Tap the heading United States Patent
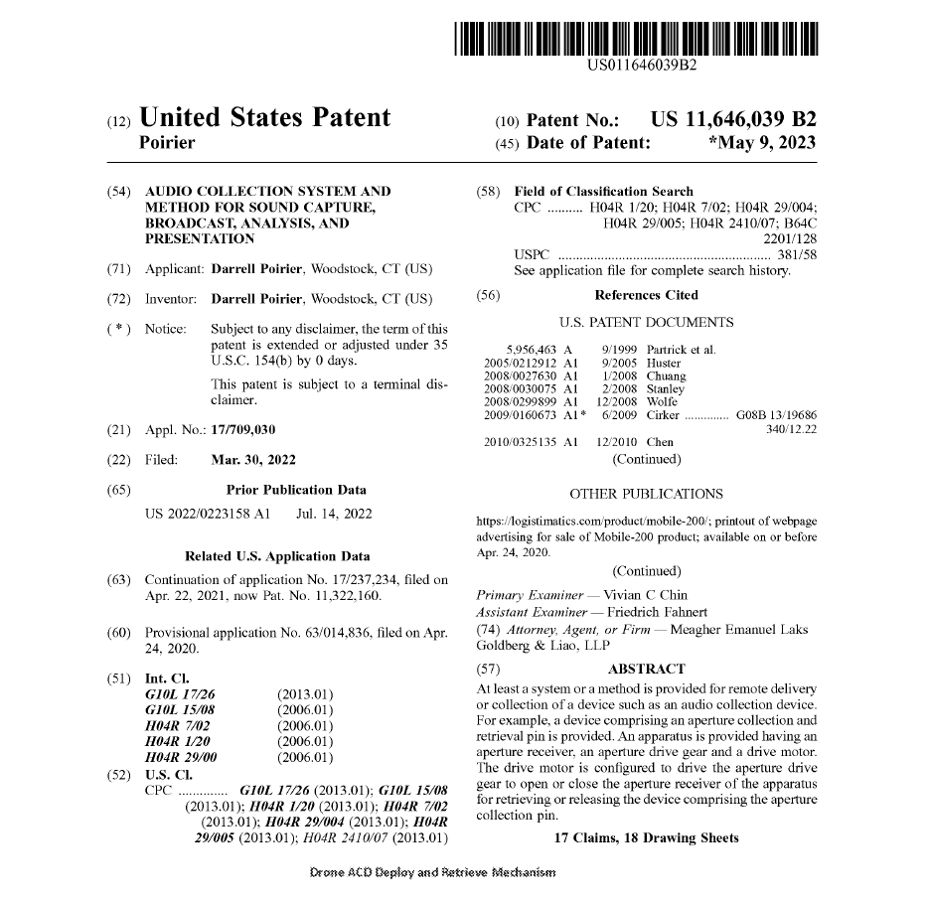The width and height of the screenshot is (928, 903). click(267, 118)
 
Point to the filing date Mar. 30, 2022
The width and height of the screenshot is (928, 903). click(253, 460)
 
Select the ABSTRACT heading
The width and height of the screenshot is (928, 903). click(646, 669)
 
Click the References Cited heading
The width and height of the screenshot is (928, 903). click(646, 295)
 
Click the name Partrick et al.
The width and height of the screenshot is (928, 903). click(681, 350)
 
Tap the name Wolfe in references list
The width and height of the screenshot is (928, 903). click(663, 401)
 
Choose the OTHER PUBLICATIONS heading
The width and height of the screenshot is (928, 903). click(646, 493)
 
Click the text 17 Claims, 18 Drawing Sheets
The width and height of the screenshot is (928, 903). click(646, 837)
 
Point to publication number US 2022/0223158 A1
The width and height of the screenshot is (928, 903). click(207, 514)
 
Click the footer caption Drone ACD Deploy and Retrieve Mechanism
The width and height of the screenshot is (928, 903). click(433, 872)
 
